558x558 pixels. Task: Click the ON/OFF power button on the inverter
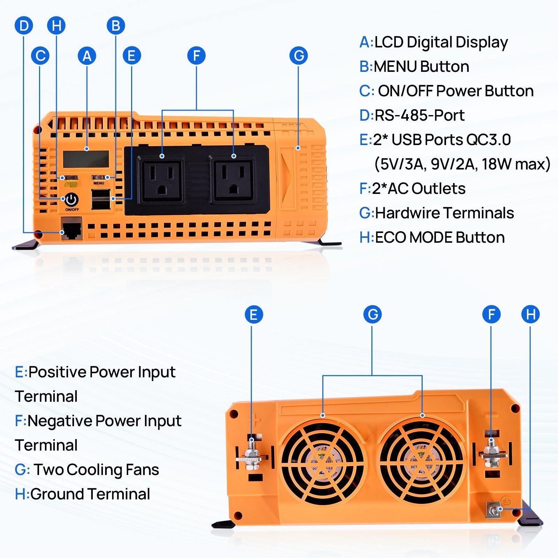point(71,200)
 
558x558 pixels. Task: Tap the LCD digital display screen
point(86,159)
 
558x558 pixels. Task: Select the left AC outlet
point(162,181)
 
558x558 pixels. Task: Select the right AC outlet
point(234,181)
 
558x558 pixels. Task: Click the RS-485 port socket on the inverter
point(71,229)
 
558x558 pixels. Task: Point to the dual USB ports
point(101,199)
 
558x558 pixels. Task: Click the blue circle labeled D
point(24,25)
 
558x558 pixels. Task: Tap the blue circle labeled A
point(87,56)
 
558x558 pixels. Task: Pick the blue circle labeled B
point(116,25)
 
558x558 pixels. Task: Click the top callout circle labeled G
point(299,56)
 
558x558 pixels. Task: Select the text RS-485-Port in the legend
point(419,115)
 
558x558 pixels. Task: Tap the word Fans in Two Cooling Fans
point(142,470)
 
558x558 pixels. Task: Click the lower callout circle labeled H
point(530,314)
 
